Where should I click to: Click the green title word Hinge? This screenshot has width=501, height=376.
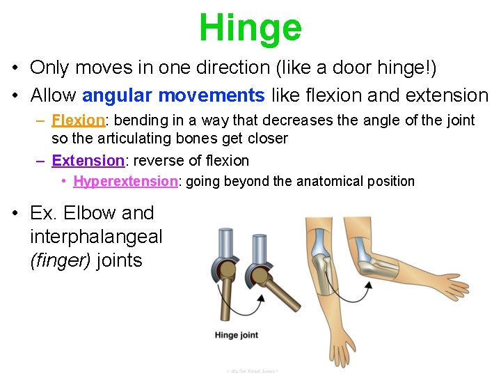coord(250,28)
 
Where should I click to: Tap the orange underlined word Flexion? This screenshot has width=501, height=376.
coord(78,120)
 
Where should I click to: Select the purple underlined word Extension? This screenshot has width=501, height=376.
coord(88,161)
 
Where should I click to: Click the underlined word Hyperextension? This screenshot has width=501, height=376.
coord(125,182)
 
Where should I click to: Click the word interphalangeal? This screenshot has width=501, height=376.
coord(96,237)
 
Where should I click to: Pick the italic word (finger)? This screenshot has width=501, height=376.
coord(61,261)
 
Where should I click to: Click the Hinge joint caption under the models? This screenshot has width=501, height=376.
coord(237,336)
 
